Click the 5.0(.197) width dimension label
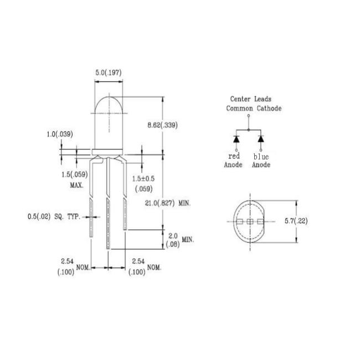[109, 73]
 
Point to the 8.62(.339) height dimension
[162, 125]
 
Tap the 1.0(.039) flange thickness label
[60, 134]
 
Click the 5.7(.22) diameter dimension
[296, 221]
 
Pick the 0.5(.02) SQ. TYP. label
[54, 217]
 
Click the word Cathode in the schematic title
[269, 108]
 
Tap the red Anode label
[233, 160]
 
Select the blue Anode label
[261, 161]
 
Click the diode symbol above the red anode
[236, 139]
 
